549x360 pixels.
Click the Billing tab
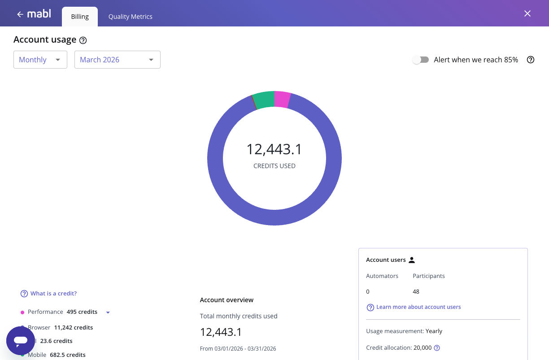point(80,17)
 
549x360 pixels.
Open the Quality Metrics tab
point(130,17)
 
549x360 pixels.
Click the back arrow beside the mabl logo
point(20,14)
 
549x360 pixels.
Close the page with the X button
point(527,13)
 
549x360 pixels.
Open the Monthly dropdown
point(40,60)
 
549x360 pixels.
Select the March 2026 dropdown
point(117,60)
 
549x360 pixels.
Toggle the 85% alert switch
point(421,60)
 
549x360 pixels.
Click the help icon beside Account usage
point(83,40)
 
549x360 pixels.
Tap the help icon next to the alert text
point(531,60)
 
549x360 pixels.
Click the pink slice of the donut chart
point(282,99)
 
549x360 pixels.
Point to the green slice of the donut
point(264,100)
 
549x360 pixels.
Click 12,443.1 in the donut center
point(274,149)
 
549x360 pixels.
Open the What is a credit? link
point(53,294)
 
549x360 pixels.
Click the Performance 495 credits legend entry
point(62,312)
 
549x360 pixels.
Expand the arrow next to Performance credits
point(108,312)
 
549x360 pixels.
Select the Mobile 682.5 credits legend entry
point(57,355)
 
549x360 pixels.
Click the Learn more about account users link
point(418,307)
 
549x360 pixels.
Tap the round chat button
point(21,341)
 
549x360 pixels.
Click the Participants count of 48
point(416,291)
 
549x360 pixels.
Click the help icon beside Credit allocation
point(437,348)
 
